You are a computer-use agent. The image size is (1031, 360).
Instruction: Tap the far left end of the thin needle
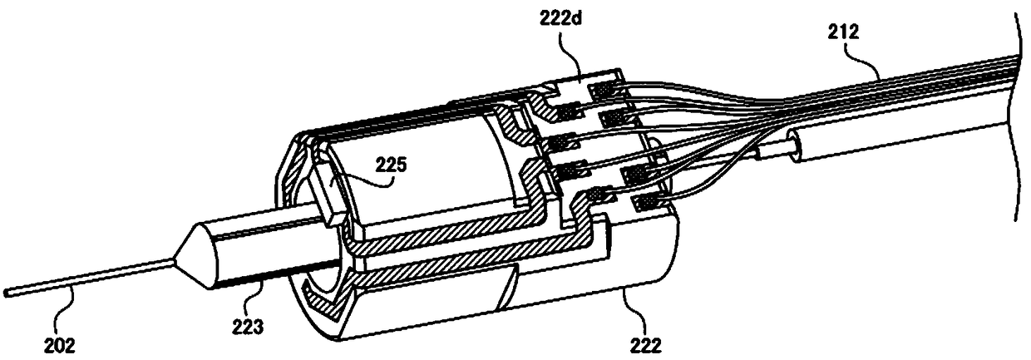click(x=7, y=292)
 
